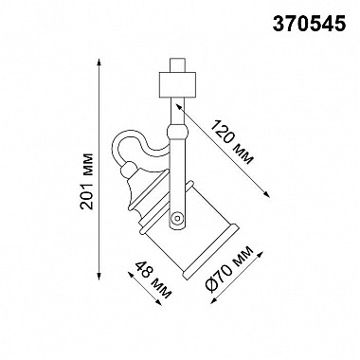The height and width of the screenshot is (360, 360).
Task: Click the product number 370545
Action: click(x=309, y=24)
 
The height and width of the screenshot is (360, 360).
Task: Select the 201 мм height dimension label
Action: click(x=87, y=181)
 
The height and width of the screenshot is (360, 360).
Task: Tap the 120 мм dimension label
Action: click(x=232, y=142)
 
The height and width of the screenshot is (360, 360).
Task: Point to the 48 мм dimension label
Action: click(x=153, y=280)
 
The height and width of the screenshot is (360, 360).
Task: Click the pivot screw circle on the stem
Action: click(x=177, y=218)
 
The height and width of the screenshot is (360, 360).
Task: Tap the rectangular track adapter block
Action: click(x=177, y=85)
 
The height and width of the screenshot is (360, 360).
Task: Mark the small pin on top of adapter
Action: click(x=177, y=65)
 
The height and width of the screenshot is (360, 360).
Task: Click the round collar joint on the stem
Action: click(x=178, y=132)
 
